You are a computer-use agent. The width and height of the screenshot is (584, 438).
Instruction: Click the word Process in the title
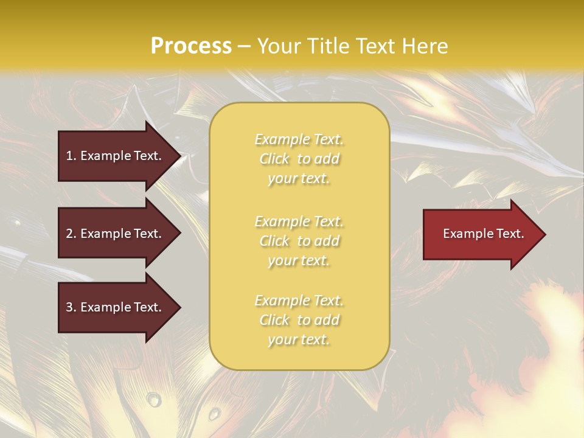(191, 46)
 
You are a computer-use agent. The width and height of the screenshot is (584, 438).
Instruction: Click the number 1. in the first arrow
(71, 156)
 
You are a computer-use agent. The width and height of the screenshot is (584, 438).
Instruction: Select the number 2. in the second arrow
(71, 234)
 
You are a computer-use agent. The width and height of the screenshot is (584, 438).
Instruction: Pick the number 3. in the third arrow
(71, 307)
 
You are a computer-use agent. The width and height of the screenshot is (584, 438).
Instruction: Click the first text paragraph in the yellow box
(299, 159)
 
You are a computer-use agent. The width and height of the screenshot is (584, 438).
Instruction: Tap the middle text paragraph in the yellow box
(299, 241)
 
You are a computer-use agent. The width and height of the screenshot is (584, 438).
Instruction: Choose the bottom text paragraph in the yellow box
(299, 320)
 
